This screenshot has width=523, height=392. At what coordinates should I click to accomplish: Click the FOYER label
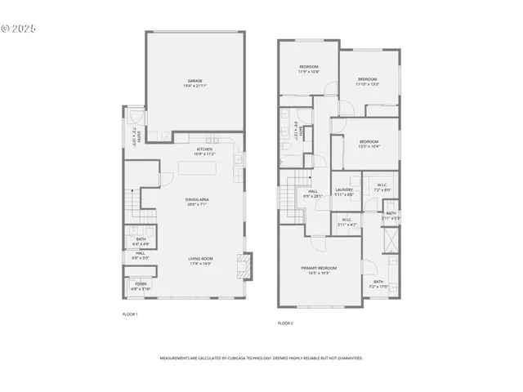click(141, 285)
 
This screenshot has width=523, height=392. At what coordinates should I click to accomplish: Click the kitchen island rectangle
click(194, 169)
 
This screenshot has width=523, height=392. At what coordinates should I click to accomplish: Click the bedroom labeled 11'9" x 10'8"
click(308, 69)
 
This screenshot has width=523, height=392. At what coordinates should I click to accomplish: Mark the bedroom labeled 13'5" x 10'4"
click(368, 144)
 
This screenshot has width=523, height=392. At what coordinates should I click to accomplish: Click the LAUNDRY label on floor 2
click(343, 192)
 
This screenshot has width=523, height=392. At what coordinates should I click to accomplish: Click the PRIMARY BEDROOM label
click(319, 269)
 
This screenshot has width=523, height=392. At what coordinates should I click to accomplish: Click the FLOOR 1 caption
click(130, 314)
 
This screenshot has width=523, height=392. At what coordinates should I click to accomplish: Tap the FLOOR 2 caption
click(285, 323)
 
